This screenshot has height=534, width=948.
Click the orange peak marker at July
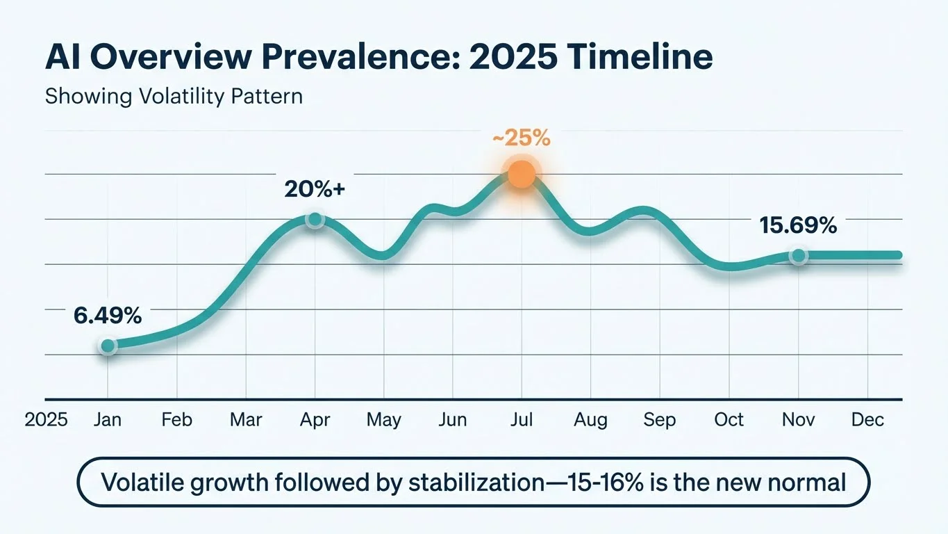[522, 175]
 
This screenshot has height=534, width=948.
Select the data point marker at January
[108, 346]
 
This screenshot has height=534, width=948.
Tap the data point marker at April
[315, 220]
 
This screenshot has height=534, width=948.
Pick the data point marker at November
[799, 257]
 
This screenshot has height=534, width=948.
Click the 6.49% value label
[108, 315]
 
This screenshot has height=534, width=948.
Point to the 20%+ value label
[315, 188]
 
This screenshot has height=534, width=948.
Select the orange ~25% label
[521, 138]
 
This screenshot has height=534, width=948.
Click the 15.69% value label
[798, 225]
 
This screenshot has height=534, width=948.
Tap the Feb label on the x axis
[176, 420]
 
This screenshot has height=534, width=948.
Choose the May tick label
[383, 420]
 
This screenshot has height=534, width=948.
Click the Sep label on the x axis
[659, 420]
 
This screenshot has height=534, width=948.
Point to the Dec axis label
[867, 420]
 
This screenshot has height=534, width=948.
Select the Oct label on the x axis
[729, 420]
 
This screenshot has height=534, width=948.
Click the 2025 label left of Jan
[46, 420]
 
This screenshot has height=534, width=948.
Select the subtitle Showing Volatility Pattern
[174, 96]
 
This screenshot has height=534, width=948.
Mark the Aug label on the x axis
[590, 420]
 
